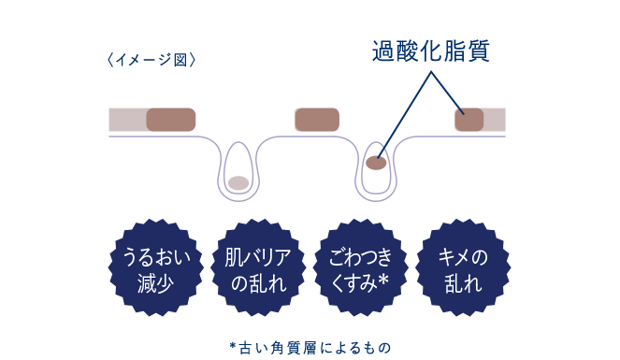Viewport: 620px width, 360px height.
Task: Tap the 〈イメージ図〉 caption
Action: (151, 61)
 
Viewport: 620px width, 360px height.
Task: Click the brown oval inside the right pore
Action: (376, 164)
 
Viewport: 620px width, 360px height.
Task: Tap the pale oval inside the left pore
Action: (238, 181)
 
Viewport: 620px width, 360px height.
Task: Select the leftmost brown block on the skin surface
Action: (170, 120)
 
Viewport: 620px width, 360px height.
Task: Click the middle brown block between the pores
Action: (316, 120)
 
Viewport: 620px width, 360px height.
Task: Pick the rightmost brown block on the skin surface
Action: (469, 120)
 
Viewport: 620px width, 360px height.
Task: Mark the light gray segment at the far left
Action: (126, 120)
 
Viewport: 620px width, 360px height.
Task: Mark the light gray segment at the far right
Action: (495, 120)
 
